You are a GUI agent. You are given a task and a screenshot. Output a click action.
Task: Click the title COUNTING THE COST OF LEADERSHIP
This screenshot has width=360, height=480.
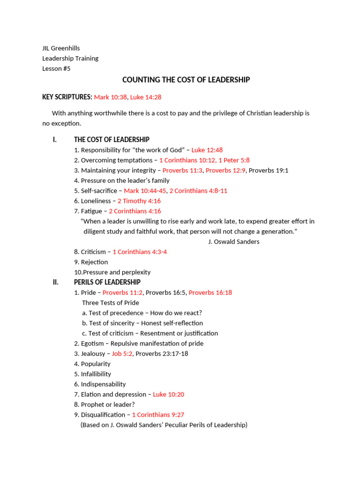186,80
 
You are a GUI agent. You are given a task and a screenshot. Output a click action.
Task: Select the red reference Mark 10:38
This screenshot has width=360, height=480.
110,97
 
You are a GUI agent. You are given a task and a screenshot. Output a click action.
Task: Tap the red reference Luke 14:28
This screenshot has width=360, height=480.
146,97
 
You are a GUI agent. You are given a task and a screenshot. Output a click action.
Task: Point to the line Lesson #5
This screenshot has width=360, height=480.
56,68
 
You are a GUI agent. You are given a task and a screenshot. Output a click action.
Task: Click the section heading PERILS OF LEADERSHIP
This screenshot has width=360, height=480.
107,282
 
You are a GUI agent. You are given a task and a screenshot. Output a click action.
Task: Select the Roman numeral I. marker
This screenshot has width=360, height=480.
55,140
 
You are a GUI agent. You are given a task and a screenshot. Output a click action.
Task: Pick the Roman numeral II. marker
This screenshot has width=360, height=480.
55,282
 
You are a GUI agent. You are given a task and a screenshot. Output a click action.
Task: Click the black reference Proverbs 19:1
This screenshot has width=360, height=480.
268,171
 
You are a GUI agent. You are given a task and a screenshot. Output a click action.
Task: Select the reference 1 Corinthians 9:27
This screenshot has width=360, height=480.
158,415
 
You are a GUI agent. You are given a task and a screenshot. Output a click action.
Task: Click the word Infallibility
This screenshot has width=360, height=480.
96,374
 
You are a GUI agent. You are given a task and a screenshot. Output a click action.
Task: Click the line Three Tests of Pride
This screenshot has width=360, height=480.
111,303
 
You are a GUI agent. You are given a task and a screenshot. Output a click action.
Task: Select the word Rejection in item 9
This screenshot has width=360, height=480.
94,262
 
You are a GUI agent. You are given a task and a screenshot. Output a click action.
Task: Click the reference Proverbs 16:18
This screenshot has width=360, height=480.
210,292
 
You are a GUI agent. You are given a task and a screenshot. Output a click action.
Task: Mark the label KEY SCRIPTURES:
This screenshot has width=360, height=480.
67,97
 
